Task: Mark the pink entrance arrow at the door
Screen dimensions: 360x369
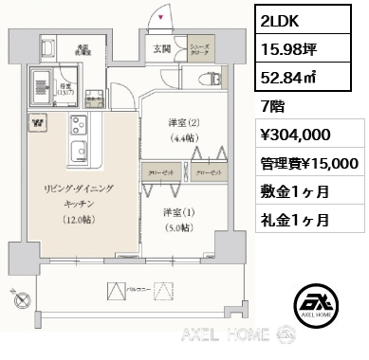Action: [x=160, y=17]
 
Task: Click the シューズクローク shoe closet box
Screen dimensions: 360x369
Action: [x=200, y=53]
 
